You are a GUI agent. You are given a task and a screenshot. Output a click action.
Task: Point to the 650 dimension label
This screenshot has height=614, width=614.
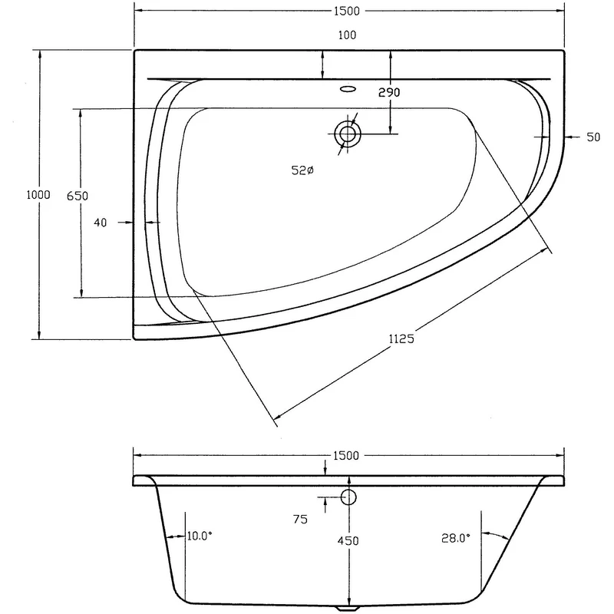tap(78, 196)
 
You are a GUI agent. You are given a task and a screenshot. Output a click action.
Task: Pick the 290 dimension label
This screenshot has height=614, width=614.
tap(390, 92)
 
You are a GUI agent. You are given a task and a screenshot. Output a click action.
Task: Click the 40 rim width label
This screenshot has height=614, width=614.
tap(100, 223)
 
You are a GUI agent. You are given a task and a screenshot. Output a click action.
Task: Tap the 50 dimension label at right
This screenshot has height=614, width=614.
tap(593, 137)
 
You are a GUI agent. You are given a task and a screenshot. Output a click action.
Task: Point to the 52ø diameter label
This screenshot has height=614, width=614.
tap(302, 171)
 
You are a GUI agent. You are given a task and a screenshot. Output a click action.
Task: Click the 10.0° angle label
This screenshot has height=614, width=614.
tap(199, 537)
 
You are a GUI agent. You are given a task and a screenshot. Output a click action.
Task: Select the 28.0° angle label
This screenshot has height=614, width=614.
tap(456, 539)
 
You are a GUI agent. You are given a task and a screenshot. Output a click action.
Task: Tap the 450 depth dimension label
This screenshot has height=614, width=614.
tap(348, 541)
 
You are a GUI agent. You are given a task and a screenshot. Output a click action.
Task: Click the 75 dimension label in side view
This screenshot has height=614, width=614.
tap(300, 520)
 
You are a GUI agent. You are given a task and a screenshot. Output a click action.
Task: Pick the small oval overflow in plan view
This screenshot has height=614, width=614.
tap(348, 88)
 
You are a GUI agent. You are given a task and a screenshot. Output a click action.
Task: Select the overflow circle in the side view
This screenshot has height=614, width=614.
tap(348, 497)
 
